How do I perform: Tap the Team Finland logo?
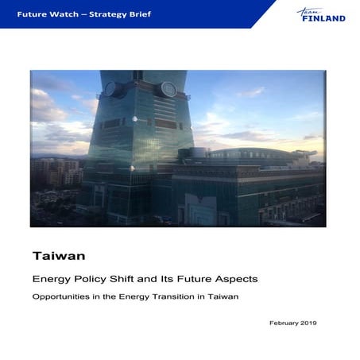tap(321, 14)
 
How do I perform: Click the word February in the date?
tap(285, 323)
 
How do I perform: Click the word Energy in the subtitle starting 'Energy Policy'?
tap(49, 279)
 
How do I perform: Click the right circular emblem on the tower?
tap(168, 90)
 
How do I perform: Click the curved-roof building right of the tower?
tap(254, 159)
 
